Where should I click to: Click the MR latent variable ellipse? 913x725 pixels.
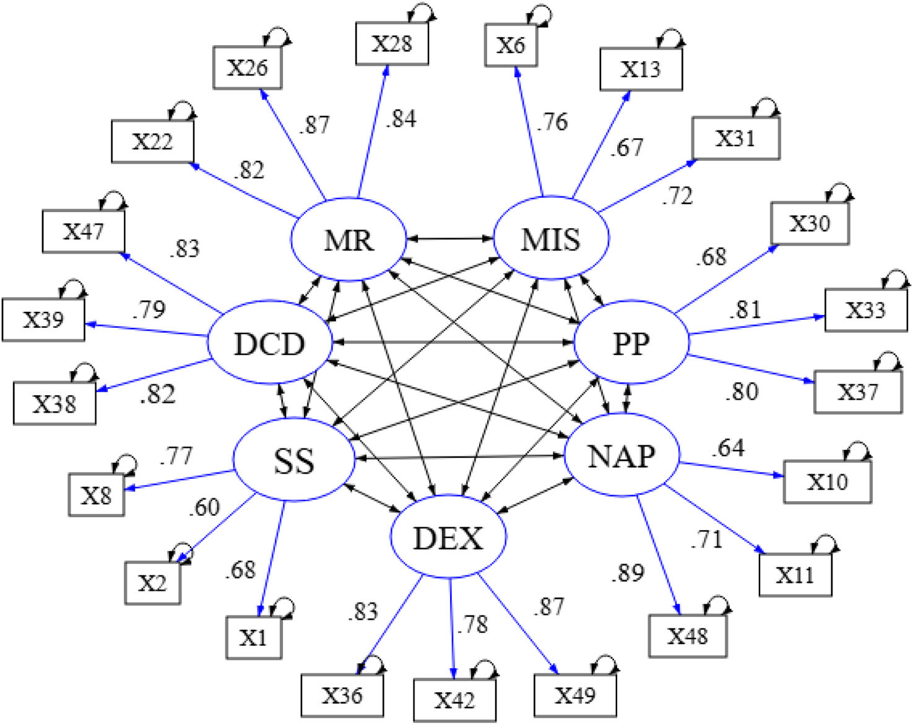(x=348, y=239)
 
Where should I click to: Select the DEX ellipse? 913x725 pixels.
(x=448, y=538)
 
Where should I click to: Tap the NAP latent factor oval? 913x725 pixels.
(x=621, y=457)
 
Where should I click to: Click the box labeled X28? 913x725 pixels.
(x=392, y=43)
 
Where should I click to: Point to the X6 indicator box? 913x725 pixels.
(x=511, y=45)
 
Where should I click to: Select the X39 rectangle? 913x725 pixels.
(x=43, y=320)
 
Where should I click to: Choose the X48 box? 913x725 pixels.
(x=687, y=636)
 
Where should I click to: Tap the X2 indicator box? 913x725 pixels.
(x=152, y=583)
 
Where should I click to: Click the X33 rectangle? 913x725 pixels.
(x=865, y=309)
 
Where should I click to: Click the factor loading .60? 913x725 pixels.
(x=204, y=507)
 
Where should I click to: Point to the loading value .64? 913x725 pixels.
(x=728, y=447)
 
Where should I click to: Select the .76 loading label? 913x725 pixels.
(x=552, y=122)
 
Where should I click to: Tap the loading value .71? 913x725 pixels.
(x=706, y=539)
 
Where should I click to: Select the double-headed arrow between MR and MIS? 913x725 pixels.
(x=449, y=238)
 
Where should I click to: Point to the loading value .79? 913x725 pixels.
(x=149, y=309)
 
